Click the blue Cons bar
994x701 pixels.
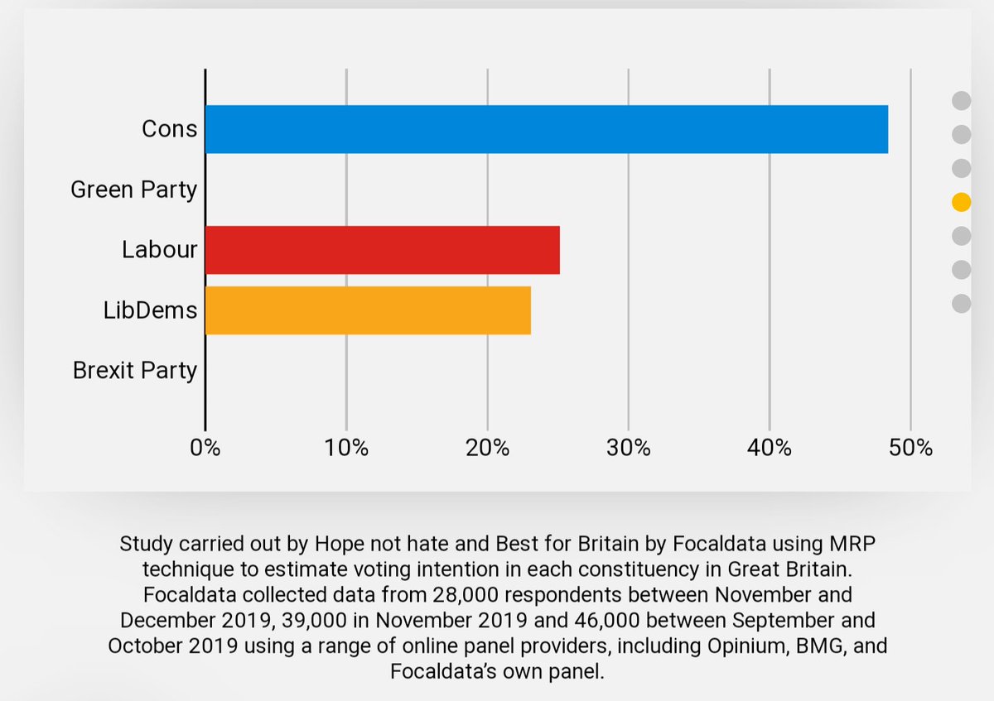pyautogui.click(x=547, y=129)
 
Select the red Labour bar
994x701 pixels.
pyautogui.click(x=382, y=250)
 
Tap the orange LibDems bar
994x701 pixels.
pyautogui.click(x=368, y=310)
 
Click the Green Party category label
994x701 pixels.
pyautogui.click(x=133, y=190)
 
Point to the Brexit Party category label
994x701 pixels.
pyautogui.click(x=135, y=370)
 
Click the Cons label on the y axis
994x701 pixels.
pyautogui.click(x=169, y=129)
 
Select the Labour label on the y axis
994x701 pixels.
pyautogui.click(x=160, y=250)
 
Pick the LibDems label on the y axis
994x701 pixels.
pyautogui.click(x=151, y=310)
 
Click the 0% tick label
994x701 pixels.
pyautogui.click(x=205, y=448)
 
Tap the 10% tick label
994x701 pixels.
pyautogui.click(x=346, y=448)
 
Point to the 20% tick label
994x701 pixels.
pyautogui.click(x=487, y=448)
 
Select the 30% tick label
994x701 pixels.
pyautogui.click(x=629, y=448)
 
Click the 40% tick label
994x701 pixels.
pyautogui.click(x=770, y=448)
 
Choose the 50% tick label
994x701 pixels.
pyautogui.click(x=910, y=448)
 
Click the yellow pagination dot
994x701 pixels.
pyautogui.click(x=961, y=202)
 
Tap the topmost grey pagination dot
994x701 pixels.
pyautogui.click(x=961, y=101)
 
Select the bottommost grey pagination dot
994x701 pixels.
pyautogui.click(x=961, y=304)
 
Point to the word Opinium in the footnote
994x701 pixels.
pyautogui.click(x=721, y=646)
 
